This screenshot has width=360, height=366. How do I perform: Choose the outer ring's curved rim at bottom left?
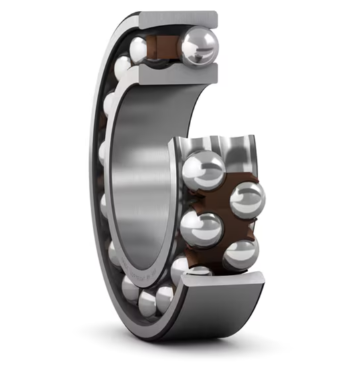[x=120, y=300]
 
